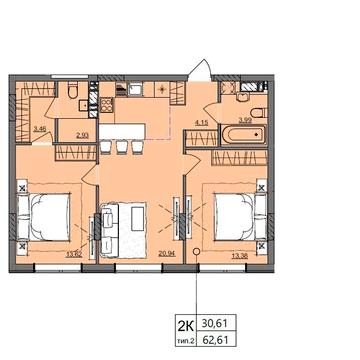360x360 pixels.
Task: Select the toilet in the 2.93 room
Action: click(76, 95)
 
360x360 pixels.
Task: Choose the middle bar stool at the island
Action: click(122, 147)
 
